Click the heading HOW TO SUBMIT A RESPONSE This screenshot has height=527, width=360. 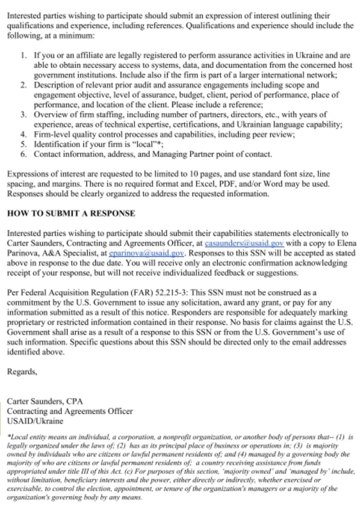click(x=71, y=213)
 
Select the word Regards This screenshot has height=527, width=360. click(x=22, y=371)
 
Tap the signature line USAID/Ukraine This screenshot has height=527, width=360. click(x=35, y=421)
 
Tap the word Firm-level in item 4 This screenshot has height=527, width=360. click(x=52, y=134)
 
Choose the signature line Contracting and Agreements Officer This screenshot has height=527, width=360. click(x=70, y=411)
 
